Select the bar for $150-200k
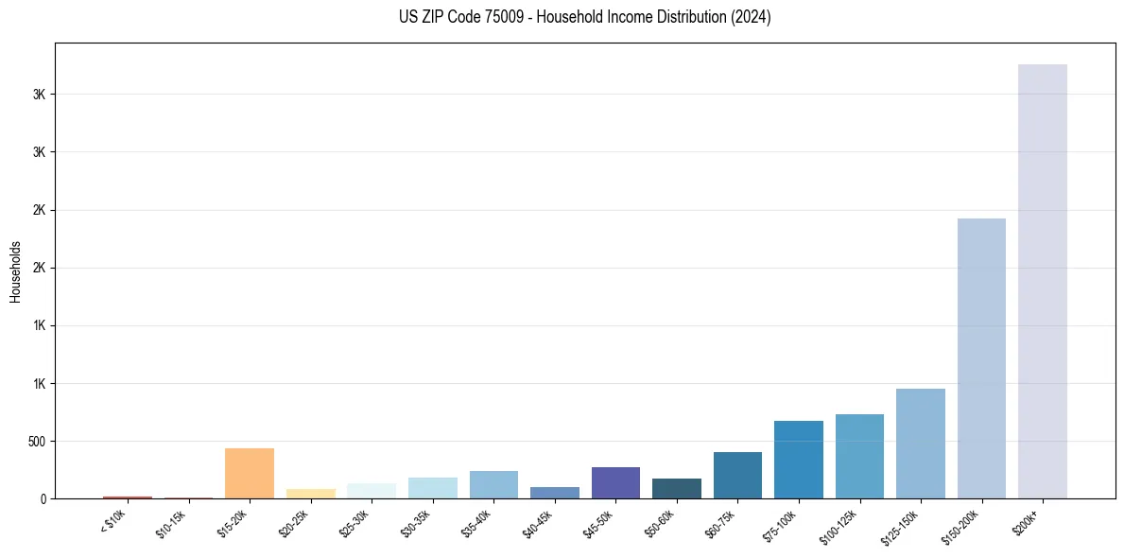981,358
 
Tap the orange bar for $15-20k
250,473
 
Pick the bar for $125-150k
920,444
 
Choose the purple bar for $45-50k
615,482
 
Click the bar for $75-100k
798,460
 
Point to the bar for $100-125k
859,456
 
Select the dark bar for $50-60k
676,488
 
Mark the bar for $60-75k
737,475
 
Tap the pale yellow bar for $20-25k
310,494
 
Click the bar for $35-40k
493,484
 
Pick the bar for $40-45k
554,493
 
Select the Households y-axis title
16,271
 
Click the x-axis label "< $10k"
113,521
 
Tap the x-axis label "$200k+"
1027,520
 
